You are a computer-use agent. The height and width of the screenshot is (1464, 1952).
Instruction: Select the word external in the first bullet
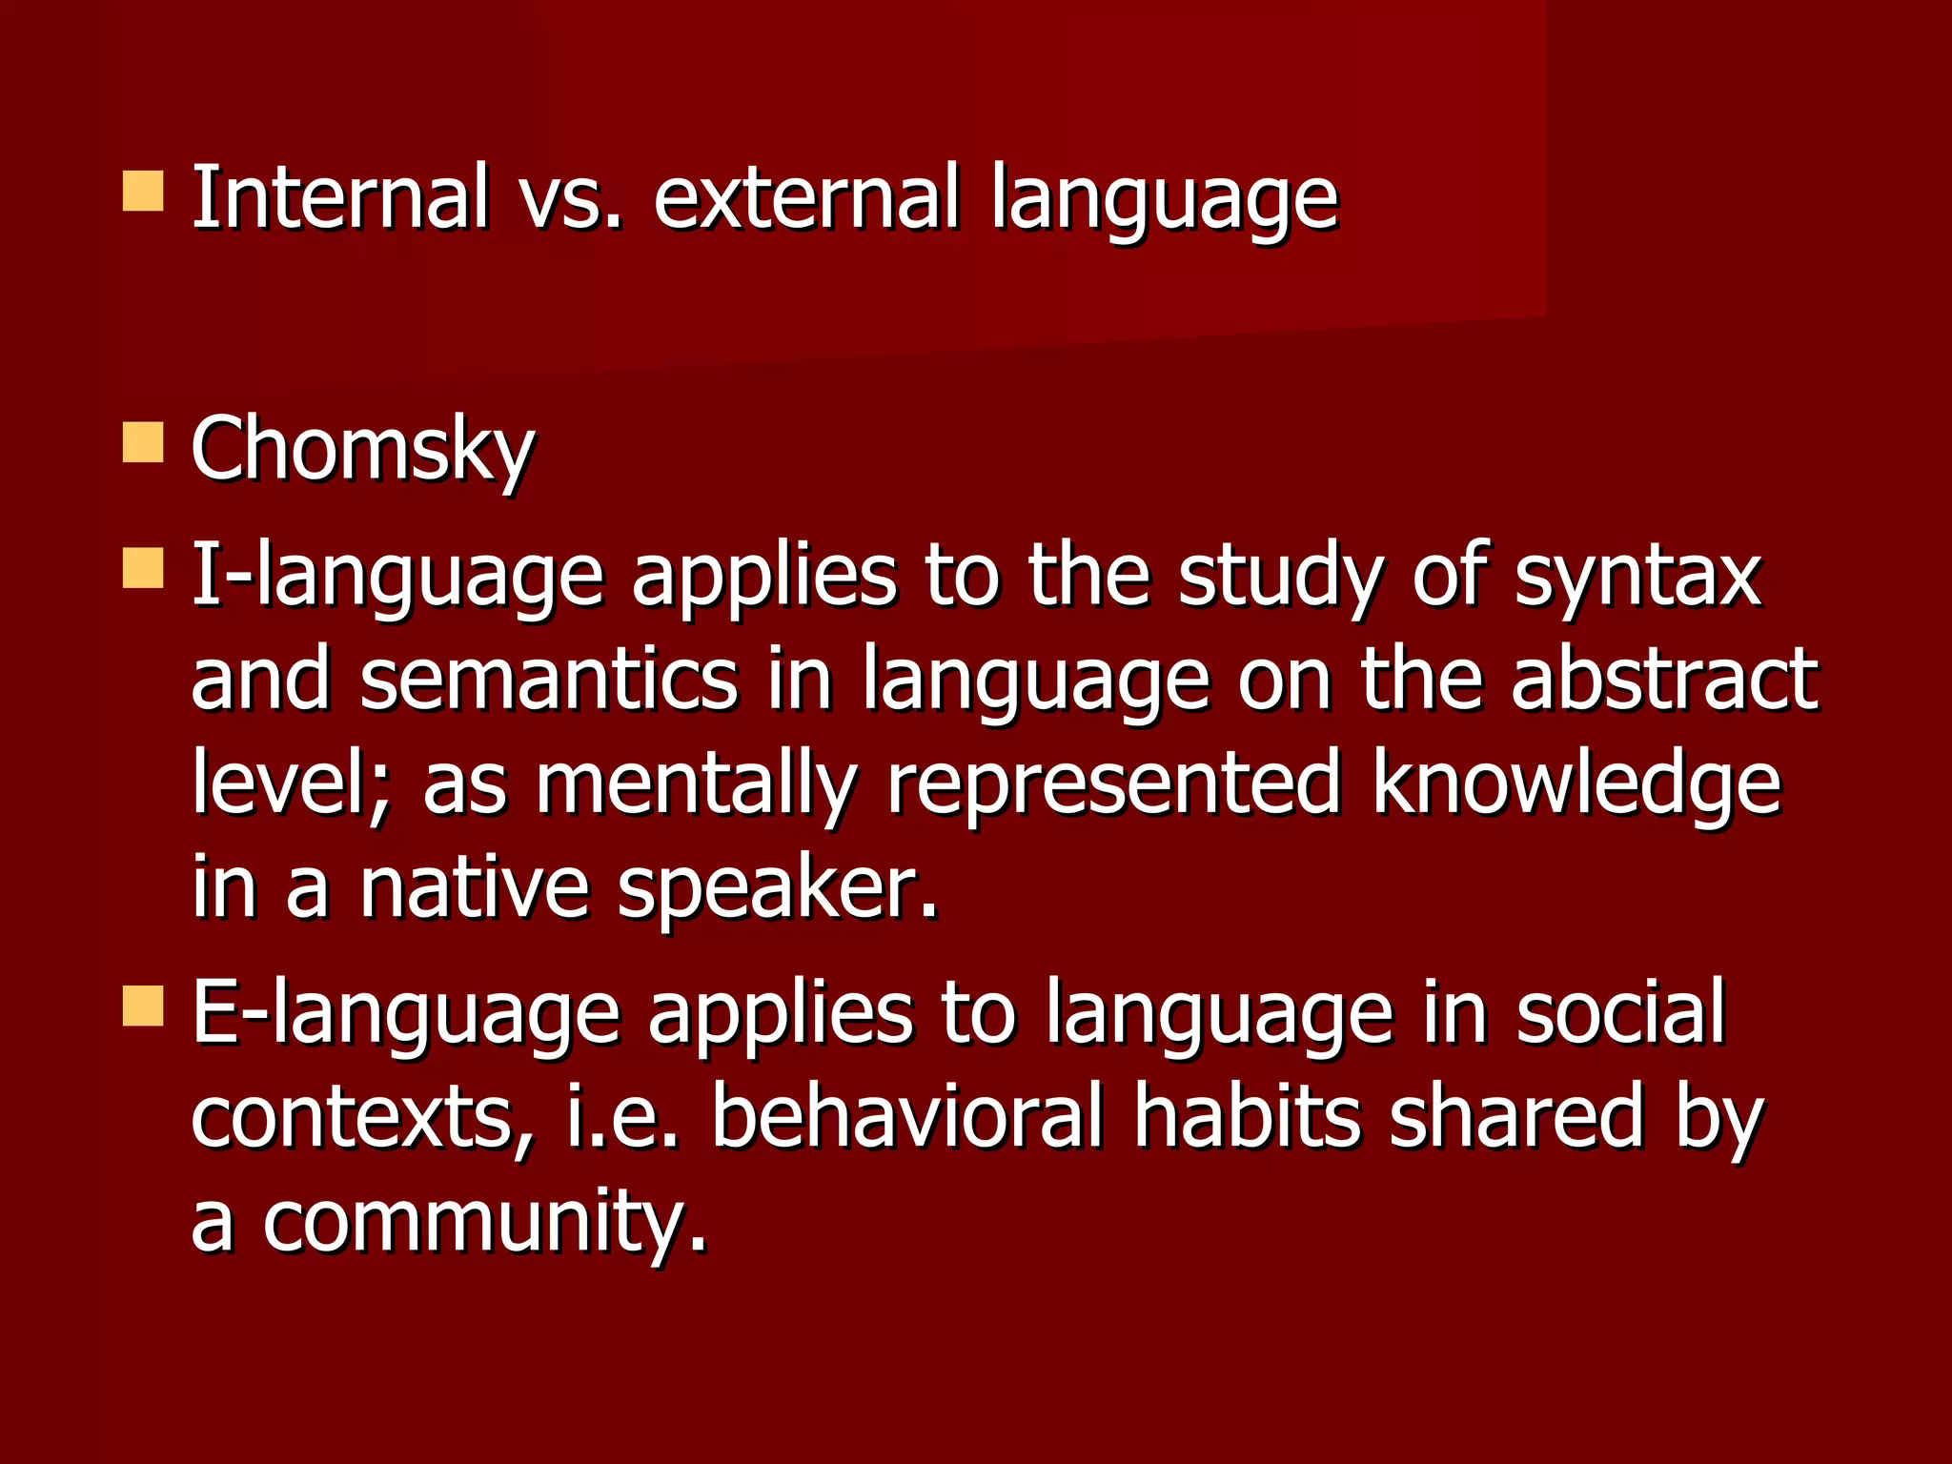pos(806,197)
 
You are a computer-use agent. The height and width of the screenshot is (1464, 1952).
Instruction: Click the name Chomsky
pos(362,450)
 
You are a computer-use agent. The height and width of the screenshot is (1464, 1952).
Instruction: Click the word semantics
pos(549,680)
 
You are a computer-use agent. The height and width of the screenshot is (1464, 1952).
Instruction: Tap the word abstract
pos(1664,680)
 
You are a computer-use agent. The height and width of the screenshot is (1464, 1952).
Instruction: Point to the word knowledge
pos(1576,783)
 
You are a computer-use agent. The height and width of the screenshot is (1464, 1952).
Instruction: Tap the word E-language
pos(406,1014)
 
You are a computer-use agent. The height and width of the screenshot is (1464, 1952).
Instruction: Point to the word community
pos(485,1223)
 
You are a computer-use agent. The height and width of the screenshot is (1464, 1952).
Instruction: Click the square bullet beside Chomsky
pos(143,443)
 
